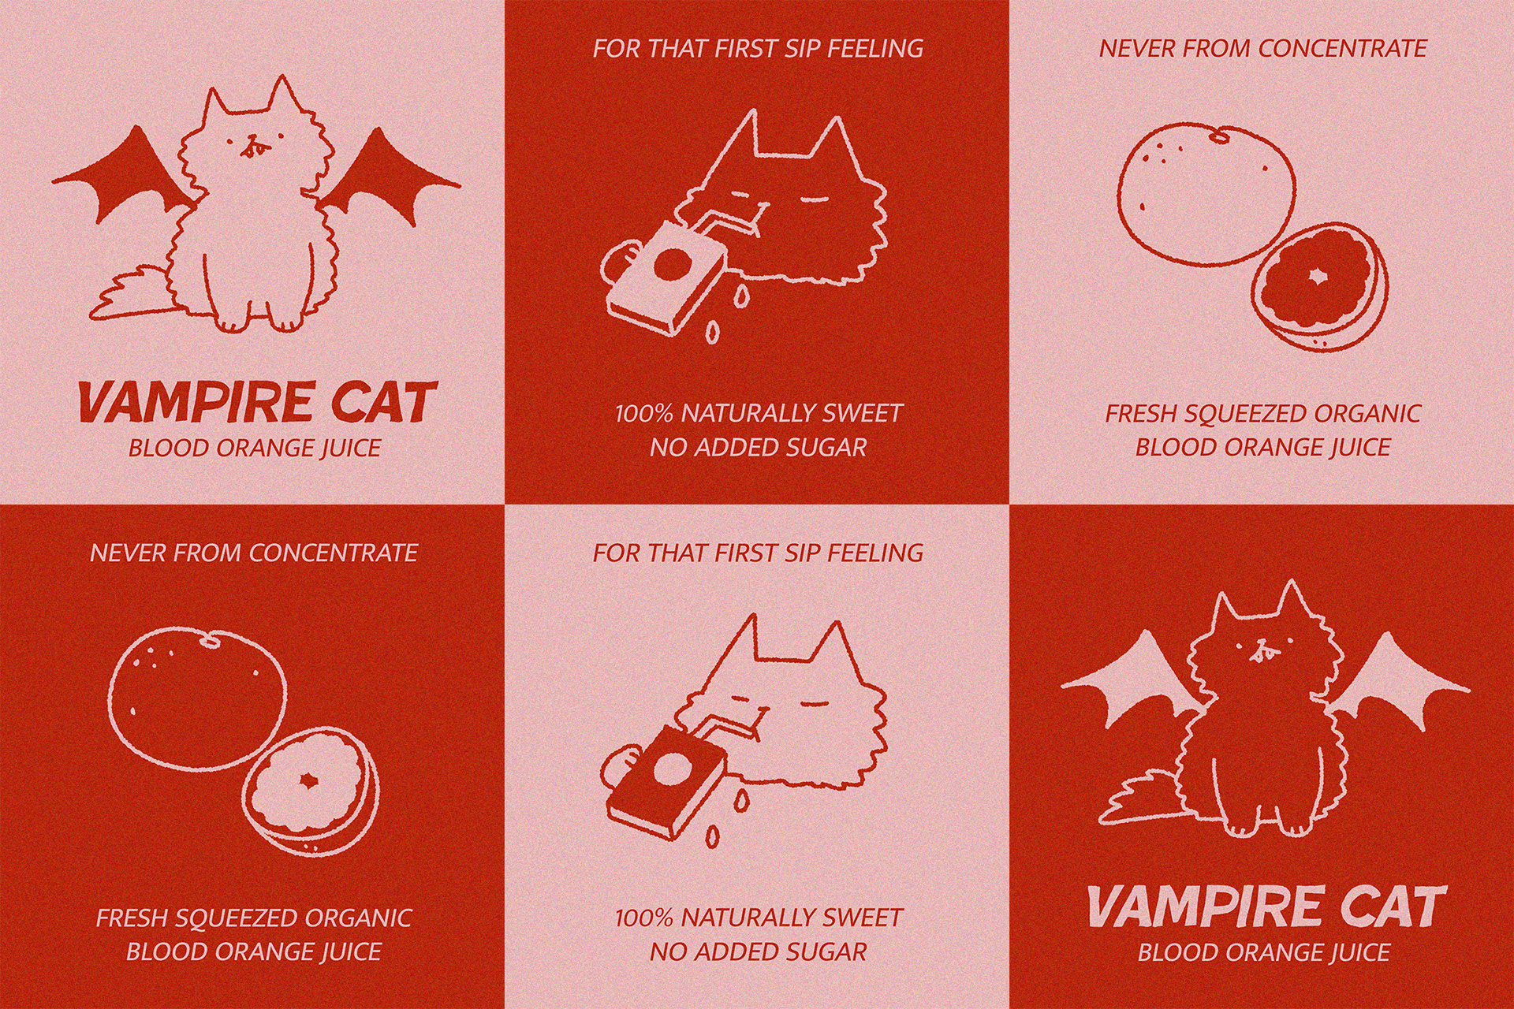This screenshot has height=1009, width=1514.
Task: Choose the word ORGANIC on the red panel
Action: (x=358, y=918)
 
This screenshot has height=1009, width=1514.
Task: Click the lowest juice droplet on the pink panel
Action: (x=712, y=836)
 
